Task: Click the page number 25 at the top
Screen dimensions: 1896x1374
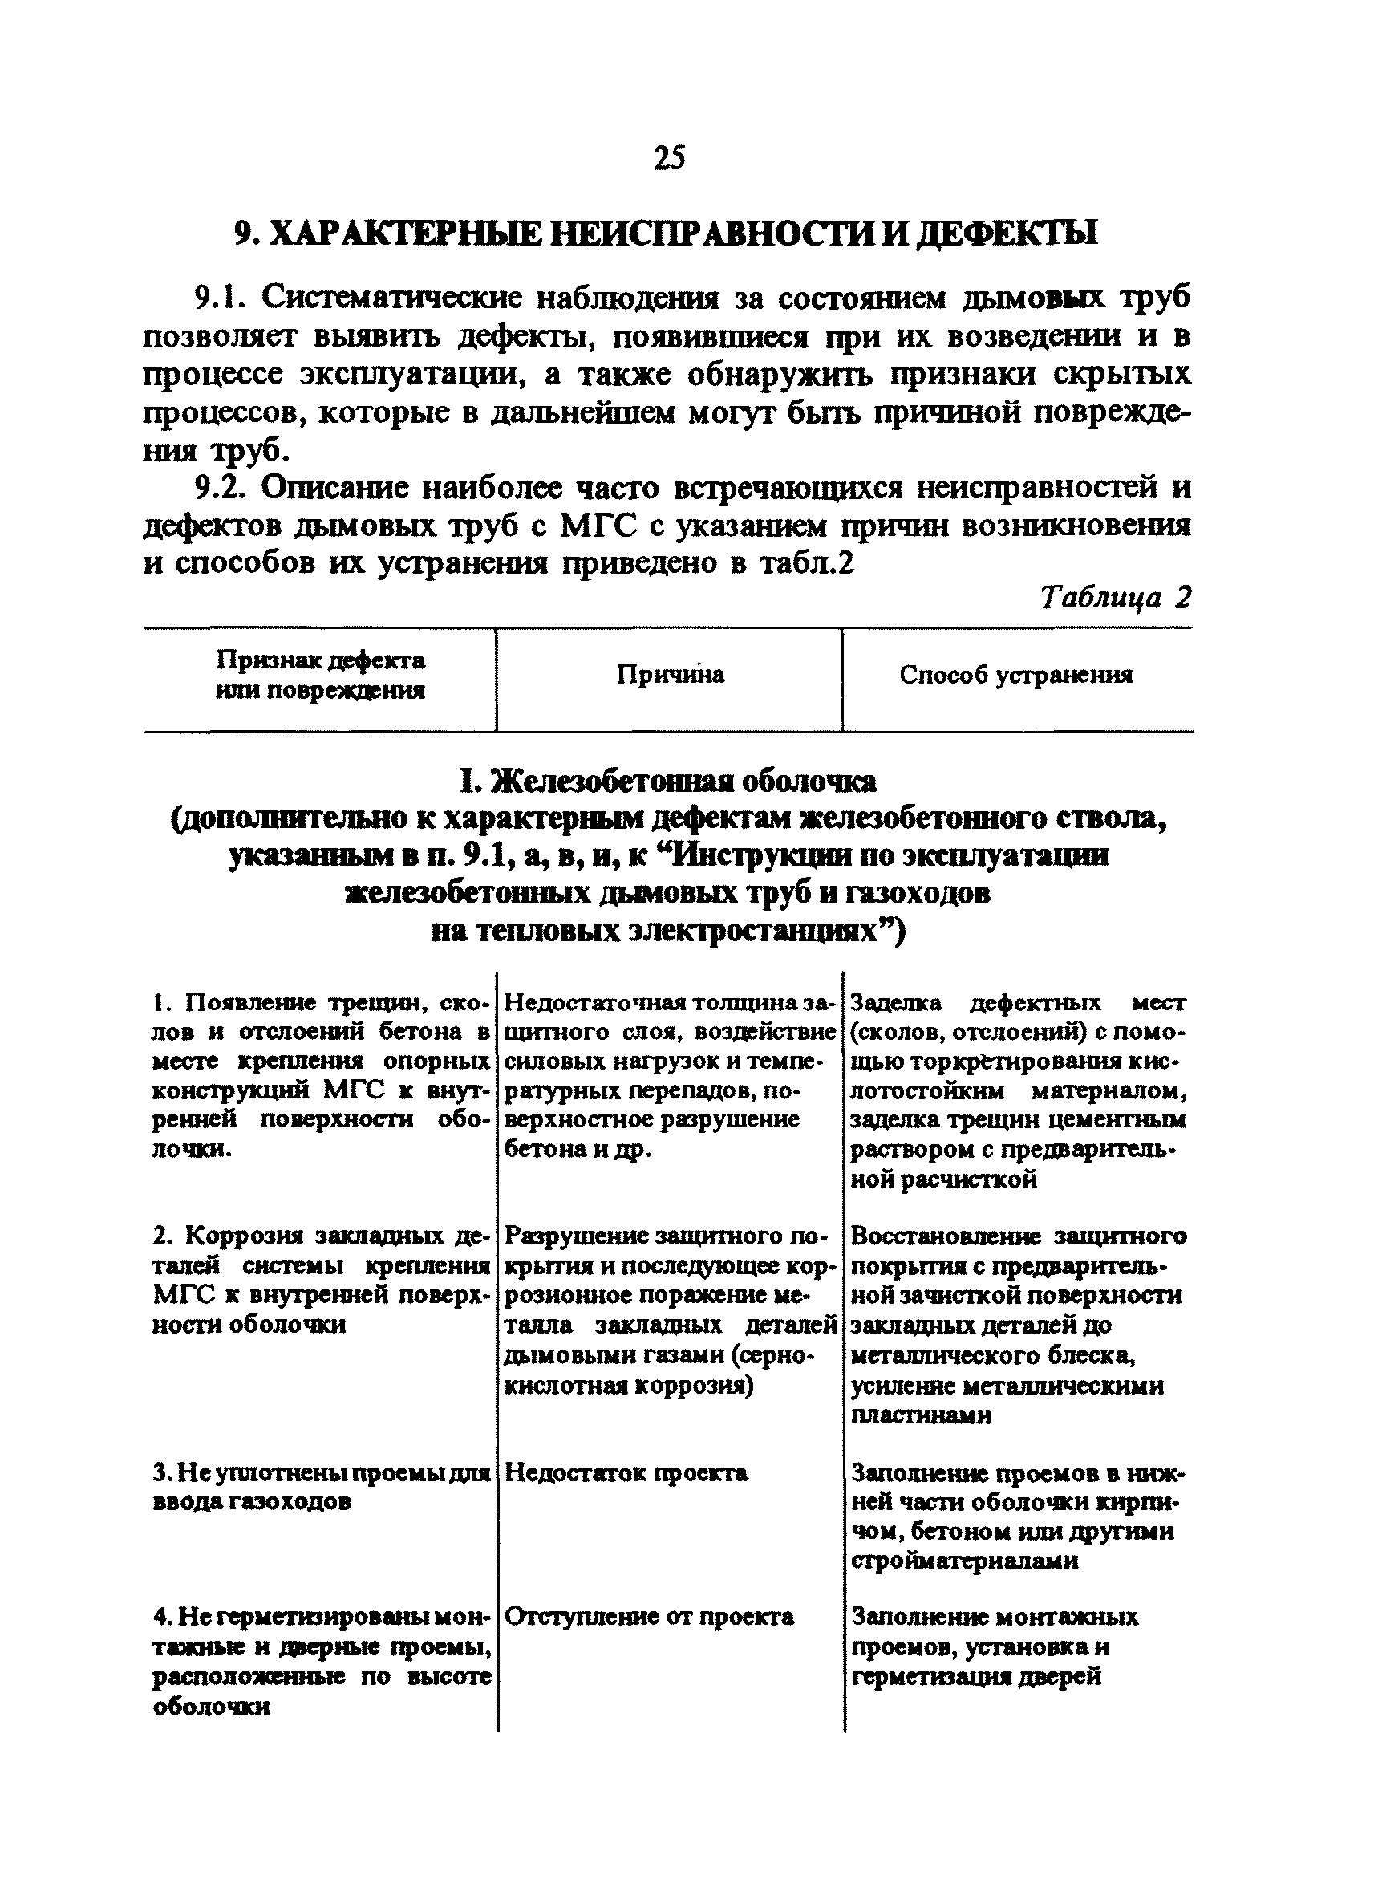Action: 670,158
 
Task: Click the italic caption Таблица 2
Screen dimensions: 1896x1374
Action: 1115,598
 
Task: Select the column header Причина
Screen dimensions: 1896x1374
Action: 671,675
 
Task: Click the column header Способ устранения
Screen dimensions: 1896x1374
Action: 1015,675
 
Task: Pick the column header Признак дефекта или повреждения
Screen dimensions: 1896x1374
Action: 320,676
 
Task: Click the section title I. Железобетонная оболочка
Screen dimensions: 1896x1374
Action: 668,782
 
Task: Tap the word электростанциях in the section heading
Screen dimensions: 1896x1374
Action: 756,932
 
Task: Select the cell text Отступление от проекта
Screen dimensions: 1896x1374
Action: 650,1618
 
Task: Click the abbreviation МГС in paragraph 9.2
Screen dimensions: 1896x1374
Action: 598,526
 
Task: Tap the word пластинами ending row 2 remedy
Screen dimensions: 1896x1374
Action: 921,1416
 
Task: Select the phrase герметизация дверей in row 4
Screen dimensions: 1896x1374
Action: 975,1676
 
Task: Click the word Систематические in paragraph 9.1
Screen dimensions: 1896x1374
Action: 390,298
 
